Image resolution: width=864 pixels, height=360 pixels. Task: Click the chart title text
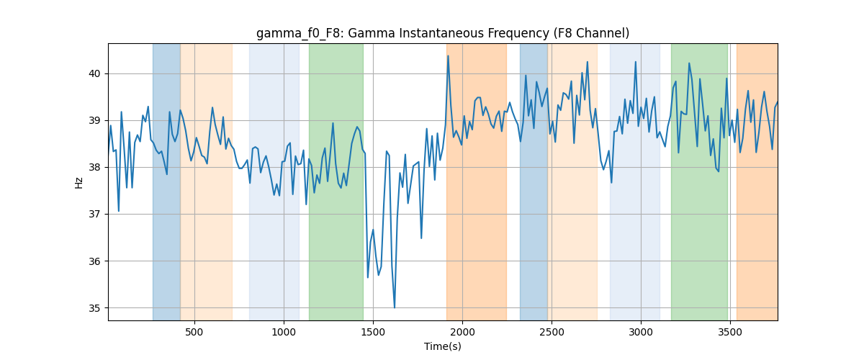coord(443,34)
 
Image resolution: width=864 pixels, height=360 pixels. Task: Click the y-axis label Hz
coord(78,183)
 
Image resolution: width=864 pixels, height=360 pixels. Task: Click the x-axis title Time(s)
coord(443,346)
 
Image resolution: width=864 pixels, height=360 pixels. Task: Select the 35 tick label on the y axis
coord(95,308)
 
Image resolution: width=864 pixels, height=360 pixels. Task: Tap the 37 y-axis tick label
coord(95,214)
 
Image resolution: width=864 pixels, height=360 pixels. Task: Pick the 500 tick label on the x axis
coord(194,332)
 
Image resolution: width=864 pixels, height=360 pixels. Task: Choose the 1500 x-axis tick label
coord(373,332)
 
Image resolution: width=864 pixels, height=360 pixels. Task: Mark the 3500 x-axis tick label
coord(730,332)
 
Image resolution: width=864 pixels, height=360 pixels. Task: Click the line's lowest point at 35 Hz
coord(395,307)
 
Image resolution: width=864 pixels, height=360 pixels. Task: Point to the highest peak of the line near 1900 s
coord(448,56)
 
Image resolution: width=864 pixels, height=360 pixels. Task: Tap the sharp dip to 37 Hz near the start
coord(118,211)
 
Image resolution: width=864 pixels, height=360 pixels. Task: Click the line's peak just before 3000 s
coord(635,62)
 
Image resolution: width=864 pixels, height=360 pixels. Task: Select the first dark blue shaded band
coord(166,181)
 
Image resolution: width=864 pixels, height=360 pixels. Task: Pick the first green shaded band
coord(336,181)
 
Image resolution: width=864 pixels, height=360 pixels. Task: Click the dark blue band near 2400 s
coord(534,181)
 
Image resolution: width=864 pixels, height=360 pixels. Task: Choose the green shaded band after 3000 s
coord(699,181)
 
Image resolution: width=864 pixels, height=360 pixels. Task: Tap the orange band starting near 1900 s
coord(477,181)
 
